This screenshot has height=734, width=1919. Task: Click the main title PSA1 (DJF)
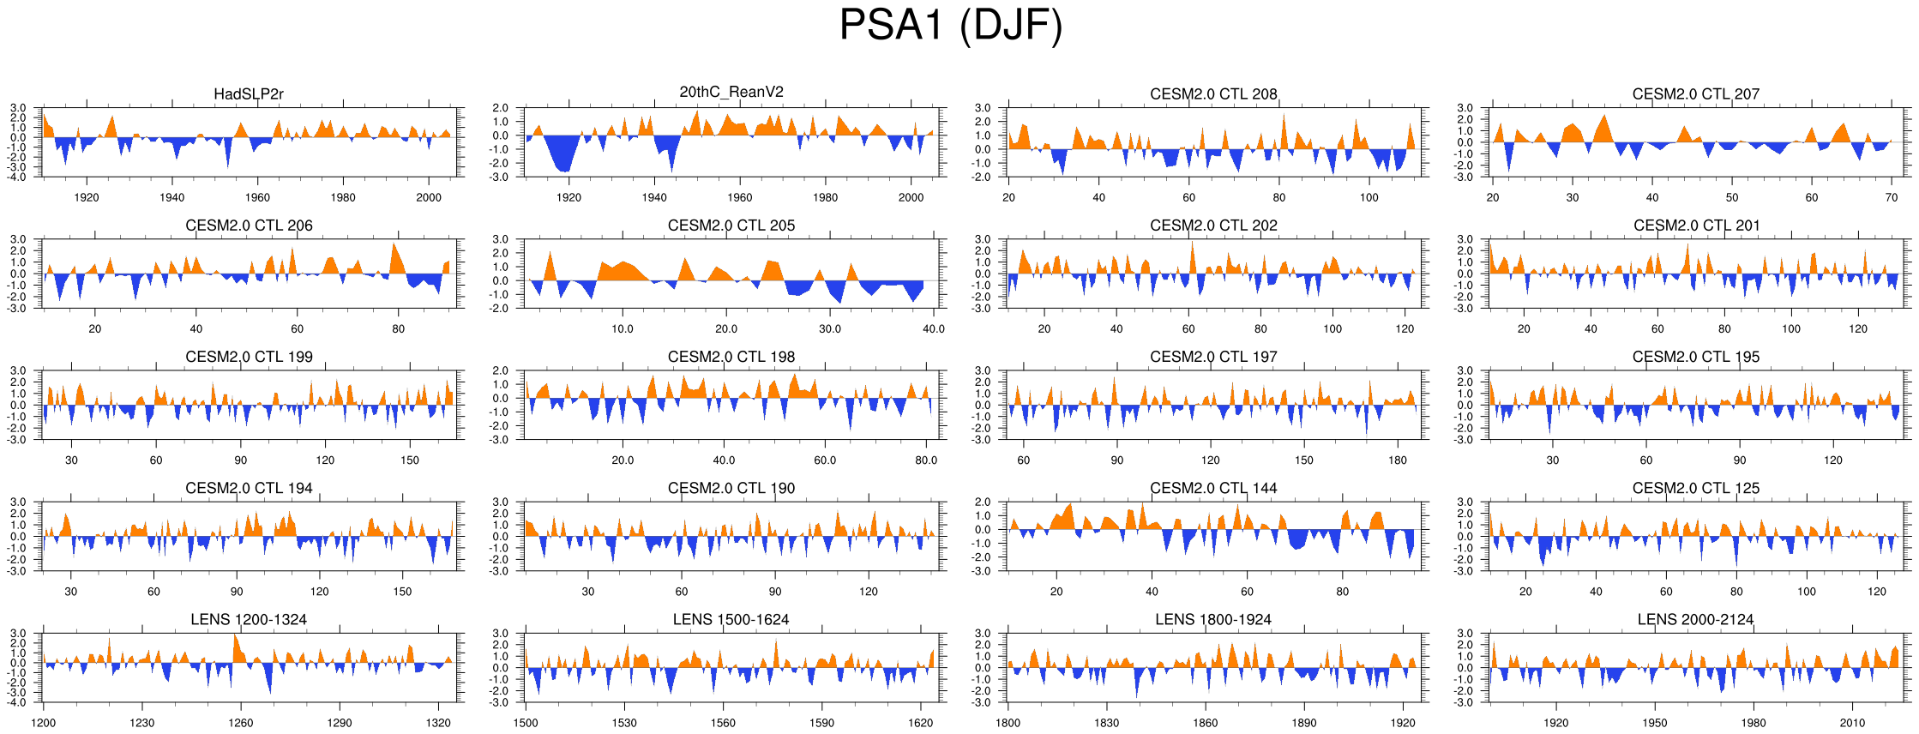[x=950, y=26]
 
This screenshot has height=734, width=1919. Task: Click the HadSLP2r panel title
[x=249, y=94]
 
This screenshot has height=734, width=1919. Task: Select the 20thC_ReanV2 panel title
[x=731, y=93]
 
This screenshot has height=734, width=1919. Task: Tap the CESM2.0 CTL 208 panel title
[x=1213, y=94]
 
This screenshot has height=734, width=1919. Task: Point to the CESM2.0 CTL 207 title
[x=1695, y=94]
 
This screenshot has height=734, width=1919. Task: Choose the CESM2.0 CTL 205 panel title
[x=731, y=226]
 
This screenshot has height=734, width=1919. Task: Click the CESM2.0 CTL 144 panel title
[x=1213, y=488]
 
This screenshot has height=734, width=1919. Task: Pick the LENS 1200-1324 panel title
[x=249, y=619]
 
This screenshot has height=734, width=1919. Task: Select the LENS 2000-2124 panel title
[x=1695, y=619]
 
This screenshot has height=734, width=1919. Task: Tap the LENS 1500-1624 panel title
[x=731, y=619]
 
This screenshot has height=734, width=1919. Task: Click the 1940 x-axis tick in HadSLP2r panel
[x=171, y=197]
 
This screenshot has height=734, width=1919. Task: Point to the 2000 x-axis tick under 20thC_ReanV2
[x=911, y=197]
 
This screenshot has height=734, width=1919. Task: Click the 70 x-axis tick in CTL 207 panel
[x=1892, y=197]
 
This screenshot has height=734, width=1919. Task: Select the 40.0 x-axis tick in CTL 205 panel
[x=933, y=328]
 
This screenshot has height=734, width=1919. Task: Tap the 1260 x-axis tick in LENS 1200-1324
[x=240, y=723]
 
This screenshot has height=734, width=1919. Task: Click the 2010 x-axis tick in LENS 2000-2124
[x=1852, y=723]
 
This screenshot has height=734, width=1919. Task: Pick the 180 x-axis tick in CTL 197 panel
[x=1398, y=460]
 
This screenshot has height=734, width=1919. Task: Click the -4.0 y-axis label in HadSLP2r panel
[x=19, y=177]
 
